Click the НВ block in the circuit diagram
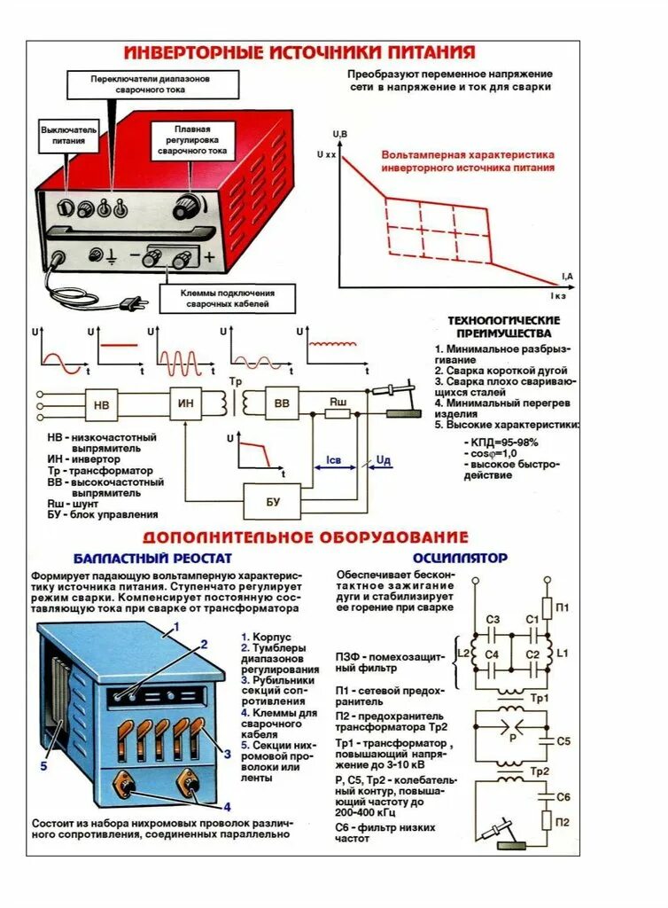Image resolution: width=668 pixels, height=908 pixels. [x=101, y=405]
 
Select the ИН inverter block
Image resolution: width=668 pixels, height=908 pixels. [x=186, y=404]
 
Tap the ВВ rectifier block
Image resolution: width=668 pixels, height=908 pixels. [x=283, y=404]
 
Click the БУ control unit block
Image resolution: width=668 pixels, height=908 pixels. [x=272, y=502]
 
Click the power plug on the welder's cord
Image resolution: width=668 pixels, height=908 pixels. [x=133, y=304]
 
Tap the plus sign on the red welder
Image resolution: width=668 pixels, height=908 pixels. [x=209, y=258]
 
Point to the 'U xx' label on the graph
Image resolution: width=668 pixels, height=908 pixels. [x=325, y=154]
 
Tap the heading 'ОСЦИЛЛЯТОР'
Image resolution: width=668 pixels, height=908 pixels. [x=460, y=558]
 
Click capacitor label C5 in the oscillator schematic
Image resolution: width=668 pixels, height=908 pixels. [x=563, y=740]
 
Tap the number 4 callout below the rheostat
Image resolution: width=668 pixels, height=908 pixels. [x=227, y=807]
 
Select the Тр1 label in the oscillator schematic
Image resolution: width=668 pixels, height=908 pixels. [x=540, y=698]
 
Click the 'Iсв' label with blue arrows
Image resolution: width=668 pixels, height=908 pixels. [x=333, y=461]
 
